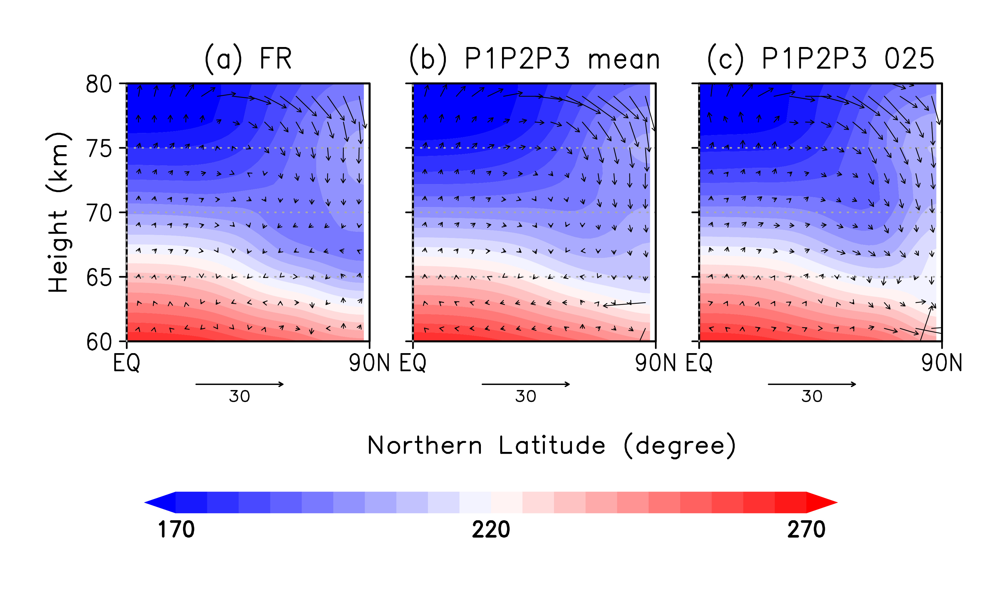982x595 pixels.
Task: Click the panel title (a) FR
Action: (x=248, y=59)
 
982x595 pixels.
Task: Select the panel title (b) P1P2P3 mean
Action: (x=534, y=59)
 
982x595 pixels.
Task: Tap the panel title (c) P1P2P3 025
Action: (x=820, y=59)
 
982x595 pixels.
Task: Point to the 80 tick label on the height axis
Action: (x=99, y=84)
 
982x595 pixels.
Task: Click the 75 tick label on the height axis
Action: (x=99, y=149)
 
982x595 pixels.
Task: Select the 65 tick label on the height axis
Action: (x=99, y=277)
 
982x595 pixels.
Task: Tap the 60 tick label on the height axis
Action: (x=99, y=342)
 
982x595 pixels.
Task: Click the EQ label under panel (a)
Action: (x=126, y=363)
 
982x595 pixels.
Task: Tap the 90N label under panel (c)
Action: (x=941, y=363)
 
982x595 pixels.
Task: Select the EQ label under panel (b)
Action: (x=413, y=363)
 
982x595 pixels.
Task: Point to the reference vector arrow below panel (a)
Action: (x=240, y=384)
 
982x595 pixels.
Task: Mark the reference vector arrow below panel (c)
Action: (x=812, y=384)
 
